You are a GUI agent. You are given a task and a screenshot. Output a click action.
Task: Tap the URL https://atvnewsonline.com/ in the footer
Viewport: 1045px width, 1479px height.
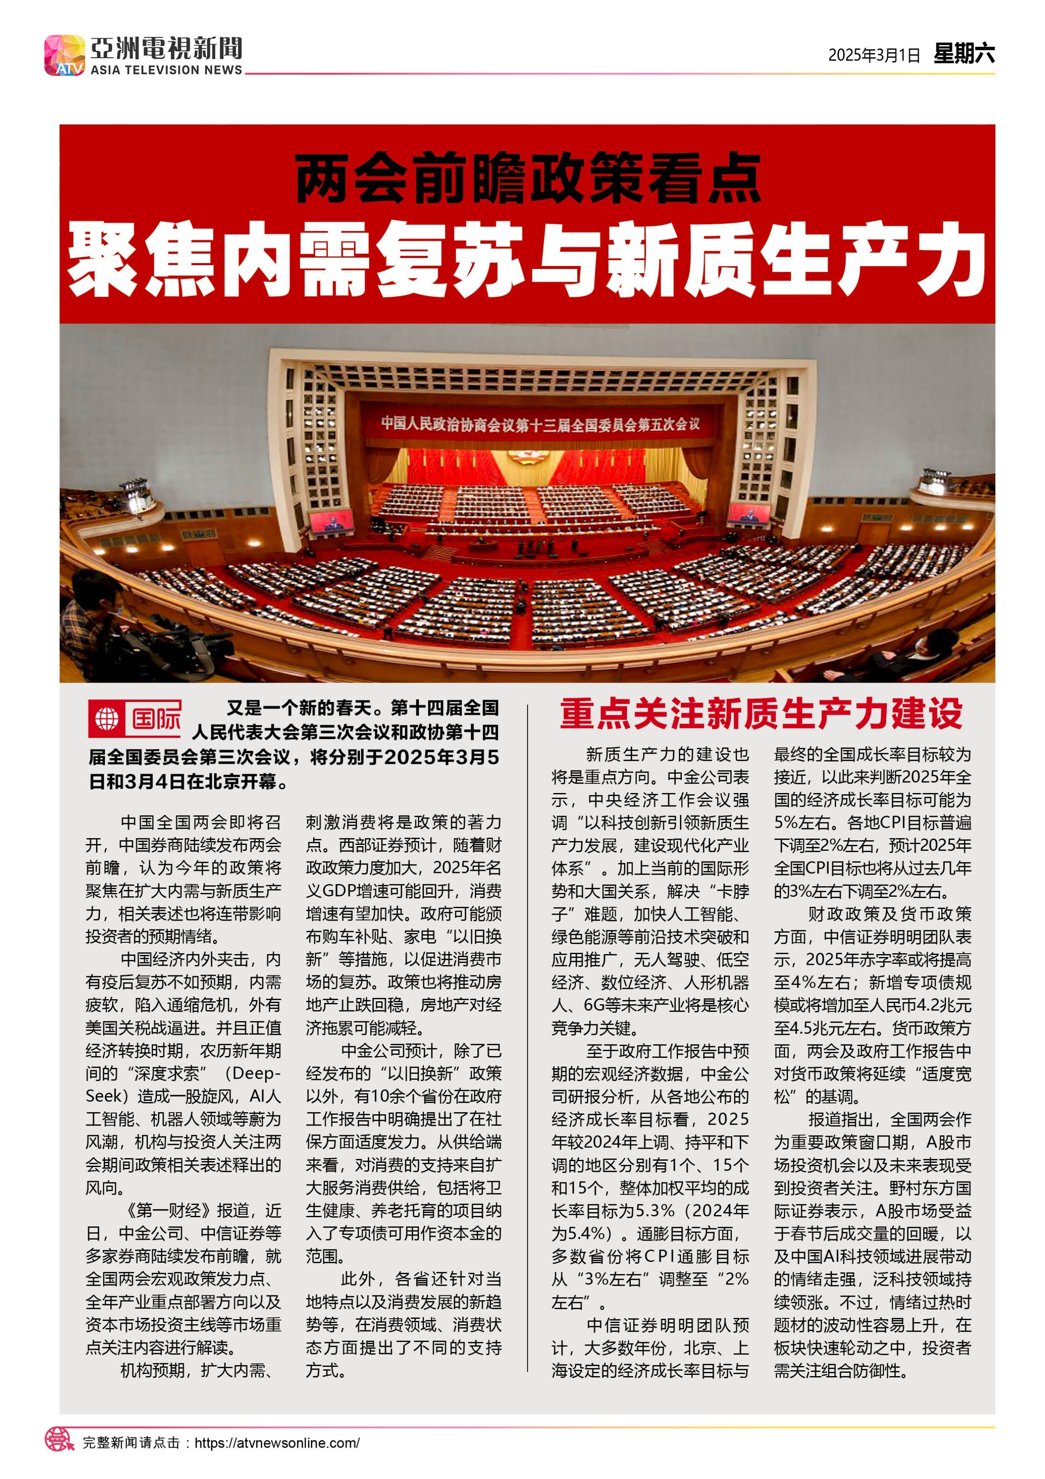[277, 1442]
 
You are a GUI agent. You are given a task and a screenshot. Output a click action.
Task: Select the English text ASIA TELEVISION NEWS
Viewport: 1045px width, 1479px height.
[166, 69]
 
